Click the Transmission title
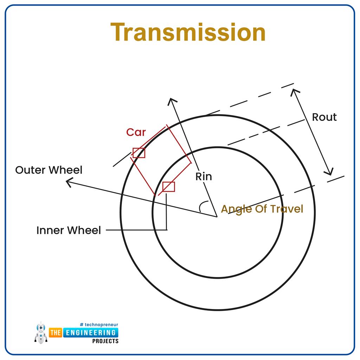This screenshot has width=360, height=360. (x=188, y=32)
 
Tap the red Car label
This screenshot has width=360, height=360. (x=136, y=132)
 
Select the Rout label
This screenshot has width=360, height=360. (x=324, y=117)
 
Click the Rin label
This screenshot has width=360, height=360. (x=204, y=176)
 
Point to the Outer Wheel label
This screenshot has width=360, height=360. (x=49, y=170)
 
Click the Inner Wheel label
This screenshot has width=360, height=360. (x=69, y=230)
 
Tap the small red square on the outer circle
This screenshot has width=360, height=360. (x=139, y=153)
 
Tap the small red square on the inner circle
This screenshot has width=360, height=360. (x=168, y=187)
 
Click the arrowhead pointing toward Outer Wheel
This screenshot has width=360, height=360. (x=69, y=182)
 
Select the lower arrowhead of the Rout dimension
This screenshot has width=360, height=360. (x=329, y=172)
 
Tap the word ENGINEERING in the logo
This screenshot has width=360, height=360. (x=90, y=332)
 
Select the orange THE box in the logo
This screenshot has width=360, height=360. (x=56, y=332)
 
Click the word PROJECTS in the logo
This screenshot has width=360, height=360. (x=105, y=341)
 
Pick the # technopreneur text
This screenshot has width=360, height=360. (x=99, y=324)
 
